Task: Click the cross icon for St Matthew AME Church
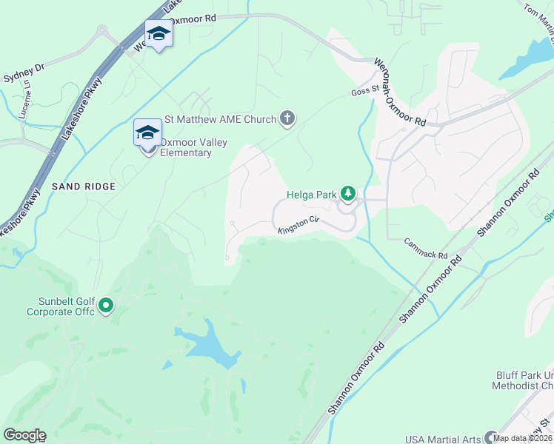(287, 118)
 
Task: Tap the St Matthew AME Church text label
(220, 118)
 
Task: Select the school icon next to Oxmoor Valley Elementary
(147, 133)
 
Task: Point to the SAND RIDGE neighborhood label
(84, 186)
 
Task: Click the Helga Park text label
(310, 195)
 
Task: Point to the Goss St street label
(364, 92)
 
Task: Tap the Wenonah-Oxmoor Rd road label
(400, 92)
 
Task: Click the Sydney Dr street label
(24, 73)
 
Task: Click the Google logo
(24, 434)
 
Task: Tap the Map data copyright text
(523, 438)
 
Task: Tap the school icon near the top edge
(158, 34)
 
